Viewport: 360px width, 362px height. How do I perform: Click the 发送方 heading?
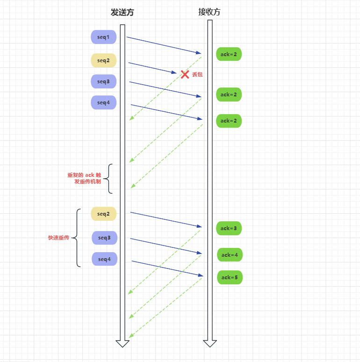(x=122, y=13)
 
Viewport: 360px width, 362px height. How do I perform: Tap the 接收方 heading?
(x=209, y=12)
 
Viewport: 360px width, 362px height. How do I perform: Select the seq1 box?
(x=103, y=37)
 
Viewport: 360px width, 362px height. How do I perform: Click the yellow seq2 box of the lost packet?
(x=103, y=60)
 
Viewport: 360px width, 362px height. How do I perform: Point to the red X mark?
(x=185, y=74)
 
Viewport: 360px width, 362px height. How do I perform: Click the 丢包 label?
(x=197, y=74)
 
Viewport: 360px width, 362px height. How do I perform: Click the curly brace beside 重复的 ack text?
(x=109, y=178)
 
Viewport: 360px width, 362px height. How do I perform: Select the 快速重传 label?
(x=58, y=238)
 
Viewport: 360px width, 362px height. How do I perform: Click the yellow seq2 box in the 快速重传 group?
(x=103, y=214)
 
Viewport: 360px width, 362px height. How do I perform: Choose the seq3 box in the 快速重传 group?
(x=104, y=238)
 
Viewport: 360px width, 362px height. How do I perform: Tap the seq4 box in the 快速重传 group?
(x=104, y=259)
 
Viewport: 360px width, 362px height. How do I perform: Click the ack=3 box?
(x=229, y=228)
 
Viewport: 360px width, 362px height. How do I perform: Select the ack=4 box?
(x=230, y=255)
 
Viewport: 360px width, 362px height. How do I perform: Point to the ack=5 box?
(x=230, y=277)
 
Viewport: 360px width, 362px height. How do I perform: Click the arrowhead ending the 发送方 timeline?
(x=122, y=344)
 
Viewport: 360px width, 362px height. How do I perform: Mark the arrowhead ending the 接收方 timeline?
(x=210, y=344)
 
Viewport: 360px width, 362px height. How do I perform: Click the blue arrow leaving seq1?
(x=164, y=45)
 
